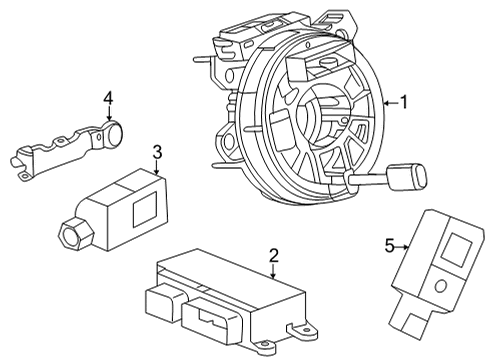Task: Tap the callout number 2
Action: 273,256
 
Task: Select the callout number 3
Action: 157,152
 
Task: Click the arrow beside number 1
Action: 388,101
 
